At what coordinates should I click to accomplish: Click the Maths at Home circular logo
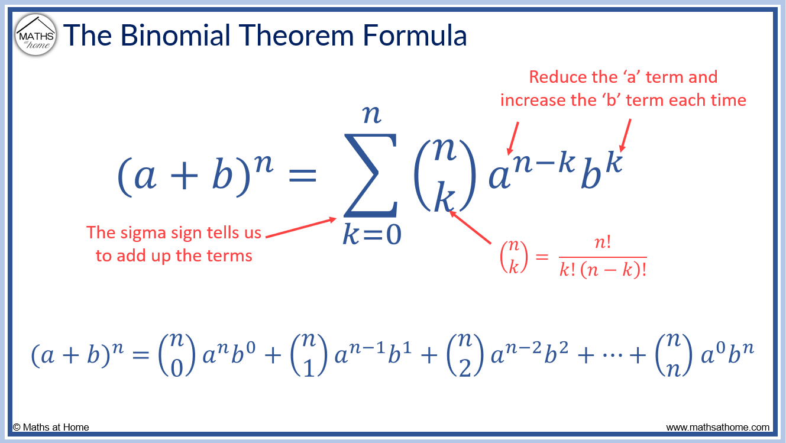36,35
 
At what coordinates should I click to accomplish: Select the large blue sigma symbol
371,175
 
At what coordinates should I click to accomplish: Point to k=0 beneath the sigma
371,235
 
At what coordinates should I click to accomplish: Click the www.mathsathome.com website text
717,427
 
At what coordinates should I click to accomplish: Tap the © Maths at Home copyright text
51,427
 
